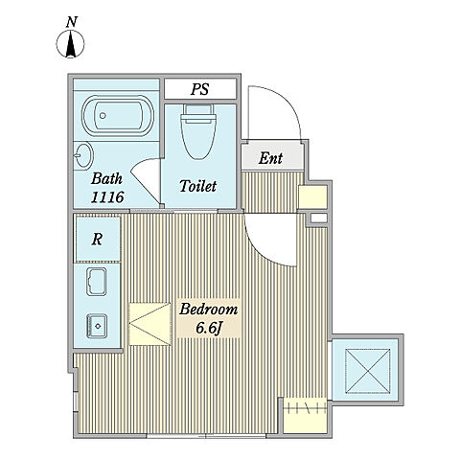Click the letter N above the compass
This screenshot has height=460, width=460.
72,22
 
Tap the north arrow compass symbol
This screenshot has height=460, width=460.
71,44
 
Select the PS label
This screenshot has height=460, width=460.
200,89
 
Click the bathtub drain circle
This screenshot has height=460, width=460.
103,115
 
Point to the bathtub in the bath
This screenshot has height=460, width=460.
118,116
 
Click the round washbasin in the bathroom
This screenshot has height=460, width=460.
83,155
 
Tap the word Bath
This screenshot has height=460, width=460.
106,178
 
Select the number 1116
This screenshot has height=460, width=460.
107,197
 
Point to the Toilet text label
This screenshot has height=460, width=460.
198,186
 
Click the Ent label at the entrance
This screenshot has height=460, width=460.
270,158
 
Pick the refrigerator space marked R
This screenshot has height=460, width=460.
97,239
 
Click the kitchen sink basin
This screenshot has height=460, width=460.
97,282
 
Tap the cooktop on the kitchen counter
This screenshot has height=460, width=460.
97,326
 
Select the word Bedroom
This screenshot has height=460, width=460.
208,310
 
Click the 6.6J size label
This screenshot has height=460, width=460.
209,328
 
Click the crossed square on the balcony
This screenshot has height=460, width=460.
368,371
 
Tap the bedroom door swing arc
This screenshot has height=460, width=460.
261,250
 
